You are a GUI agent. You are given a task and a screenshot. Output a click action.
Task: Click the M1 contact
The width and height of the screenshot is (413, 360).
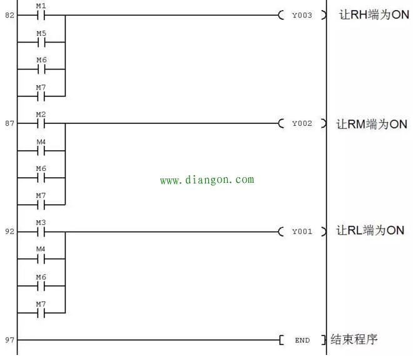41,15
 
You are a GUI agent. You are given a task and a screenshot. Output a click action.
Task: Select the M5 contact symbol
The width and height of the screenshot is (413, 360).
41,42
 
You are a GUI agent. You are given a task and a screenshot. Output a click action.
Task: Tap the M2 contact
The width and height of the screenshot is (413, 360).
41,123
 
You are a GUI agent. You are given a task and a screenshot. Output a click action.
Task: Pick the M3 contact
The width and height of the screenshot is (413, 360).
41,232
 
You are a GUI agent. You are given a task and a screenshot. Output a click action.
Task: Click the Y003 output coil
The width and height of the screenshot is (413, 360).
302,15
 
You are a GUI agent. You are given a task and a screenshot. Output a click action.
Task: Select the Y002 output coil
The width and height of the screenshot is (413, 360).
302,123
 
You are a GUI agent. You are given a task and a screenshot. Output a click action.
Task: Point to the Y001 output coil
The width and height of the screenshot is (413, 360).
302,232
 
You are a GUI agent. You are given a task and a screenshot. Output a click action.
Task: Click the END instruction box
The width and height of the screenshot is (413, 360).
302,340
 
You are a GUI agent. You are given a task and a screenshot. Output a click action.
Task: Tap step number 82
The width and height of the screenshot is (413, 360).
9,15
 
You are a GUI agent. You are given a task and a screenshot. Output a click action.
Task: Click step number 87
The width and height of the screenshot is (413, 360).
9,123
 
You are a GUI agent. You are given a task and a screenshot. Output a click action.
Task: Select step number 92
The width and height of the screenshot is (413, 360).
9,232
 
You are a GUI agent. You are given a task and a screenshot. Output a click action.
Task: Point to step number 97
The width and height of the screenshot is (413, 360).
9,340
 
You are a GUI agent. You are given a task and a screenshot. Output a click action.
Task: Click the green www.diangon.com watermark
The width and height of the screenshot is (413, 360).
207,180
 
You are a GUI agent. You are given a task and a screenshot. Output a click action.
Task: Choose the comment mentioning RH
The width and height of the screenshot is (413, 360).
374,15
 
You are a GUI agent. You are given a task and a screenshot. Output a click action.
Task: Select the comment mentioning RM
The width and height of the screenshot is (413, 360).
372,124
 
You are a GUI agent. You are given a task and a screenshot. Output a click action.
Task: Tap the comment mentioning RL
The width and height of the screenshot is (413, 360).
370,230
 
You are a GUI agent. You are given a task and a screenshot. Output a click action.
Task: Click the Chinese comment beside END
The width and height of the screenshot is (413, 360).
354,339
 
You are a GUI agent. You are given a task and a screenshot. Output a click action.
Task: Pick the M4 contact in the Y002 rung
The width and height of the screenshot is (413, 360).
41,151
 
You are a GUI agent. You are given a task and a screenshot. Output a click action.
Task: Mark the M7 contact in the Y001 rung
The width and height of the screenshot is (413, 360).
41,313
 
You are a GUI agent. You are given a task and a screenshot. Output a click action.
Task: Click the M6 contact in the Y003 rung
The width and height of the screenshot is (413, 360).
41,69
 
